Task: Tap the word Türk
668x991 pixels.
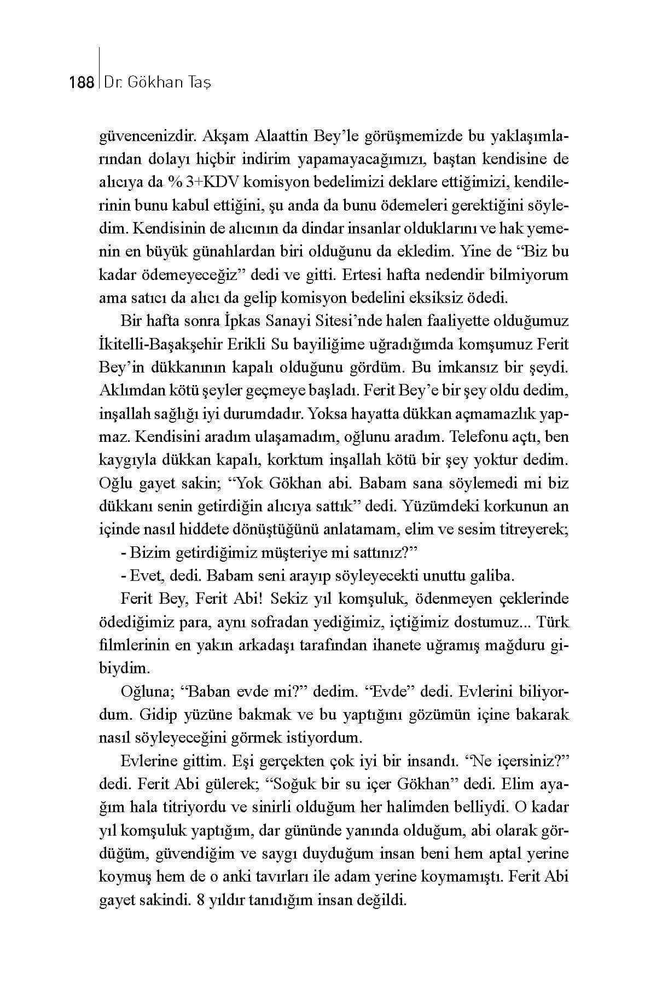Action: coord(553,622)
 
